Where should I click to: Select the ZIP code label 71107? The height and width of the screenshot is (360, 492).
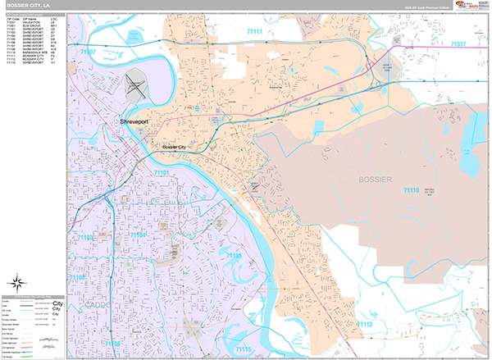[88, 51]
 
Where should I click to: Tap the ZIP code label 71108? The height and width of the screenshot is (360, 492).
[78, 279]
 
